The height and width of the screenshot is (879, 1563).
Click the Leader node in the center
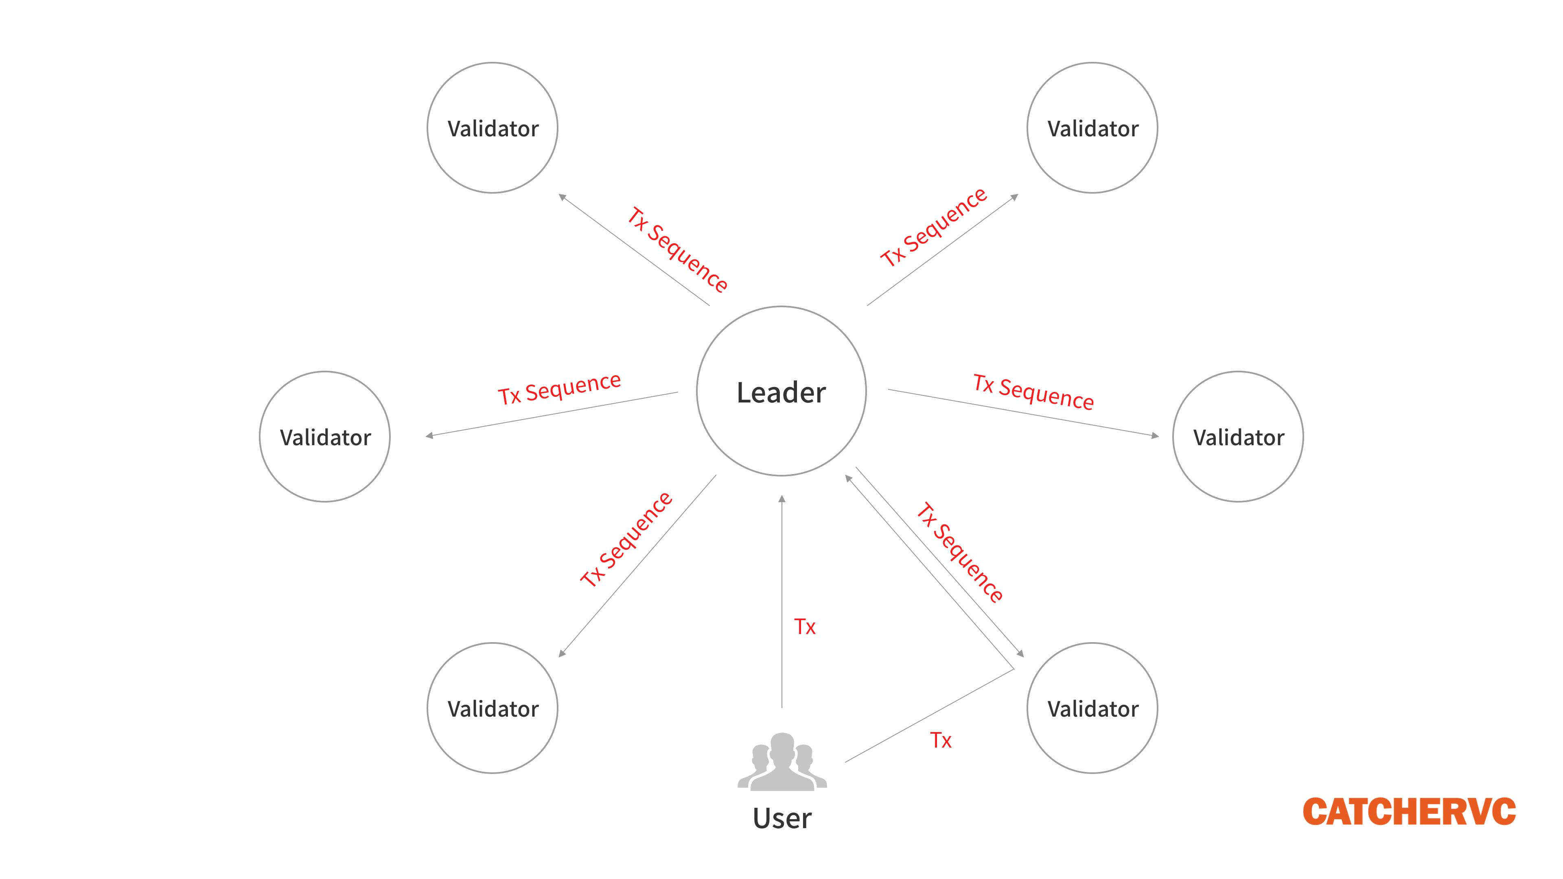coord(781,391)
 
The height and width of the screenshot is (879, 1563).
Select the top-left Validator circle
coord(492,128)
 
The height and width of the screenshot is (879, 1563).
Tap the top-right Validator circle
coord(1092,128)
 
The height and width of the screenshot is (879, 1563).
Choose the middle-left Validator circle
coord(325,437)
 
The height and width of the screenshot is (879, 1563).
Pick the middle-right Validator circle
coord(1238,437)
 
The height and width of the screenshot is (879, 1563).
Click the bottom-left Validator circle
coord(492,708)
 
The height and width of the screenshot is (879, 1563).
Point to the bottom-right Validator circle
coord(1092,708)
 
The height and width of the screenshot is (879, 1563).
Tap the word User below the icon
coord(781,818)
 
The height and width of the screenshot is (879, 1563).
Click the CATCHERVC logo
coord(1409,812)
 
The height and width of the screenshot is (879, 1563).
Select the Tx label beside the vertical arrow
coord(805,627)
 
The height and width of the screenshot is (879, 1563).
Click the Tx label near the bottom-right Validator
coord(941,740)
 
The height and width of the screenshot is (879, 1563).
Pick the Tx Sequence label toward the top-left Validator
coord(677,249)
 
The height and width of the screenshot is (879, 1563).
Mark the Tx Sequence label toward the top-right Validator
coord(934,227)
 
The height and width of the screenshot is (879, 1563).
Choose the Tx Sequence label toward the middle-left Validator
coord(559,388)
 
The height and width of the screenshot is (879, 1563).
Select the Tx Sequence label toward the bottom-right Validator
coord(959,552)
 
